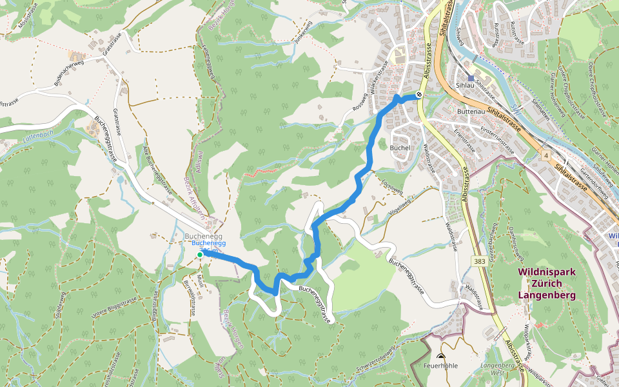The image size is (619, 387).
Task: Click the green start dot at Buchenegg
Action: click(200, 255)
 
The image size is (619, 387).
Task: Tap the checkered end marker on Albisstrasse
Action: click(419, 95)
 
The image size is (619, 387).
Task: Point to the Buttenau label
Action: click(470, 111)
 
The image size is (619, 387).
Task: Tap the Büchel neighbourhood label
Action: click(400, 147)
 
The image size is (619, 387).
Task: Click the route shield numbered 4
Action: click(545, 155)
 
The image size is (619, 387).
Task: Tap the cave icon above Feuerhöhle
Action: click(441, 357)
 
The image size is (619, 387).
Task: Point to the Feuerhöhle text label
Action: click(440, 366)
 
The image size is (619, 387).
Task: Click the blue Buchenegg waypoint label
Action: click(208, 243)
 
